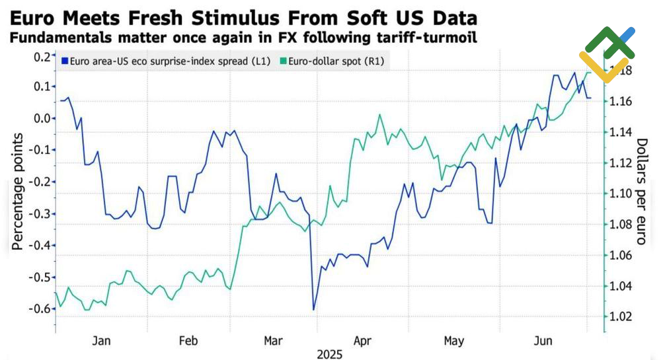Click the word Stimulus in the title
221,17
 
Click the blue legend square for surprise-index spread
64,61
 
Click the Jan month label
100,341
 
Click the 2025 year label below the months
329,355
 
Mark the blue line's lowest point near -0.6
313,309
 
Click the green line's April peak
380,115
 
